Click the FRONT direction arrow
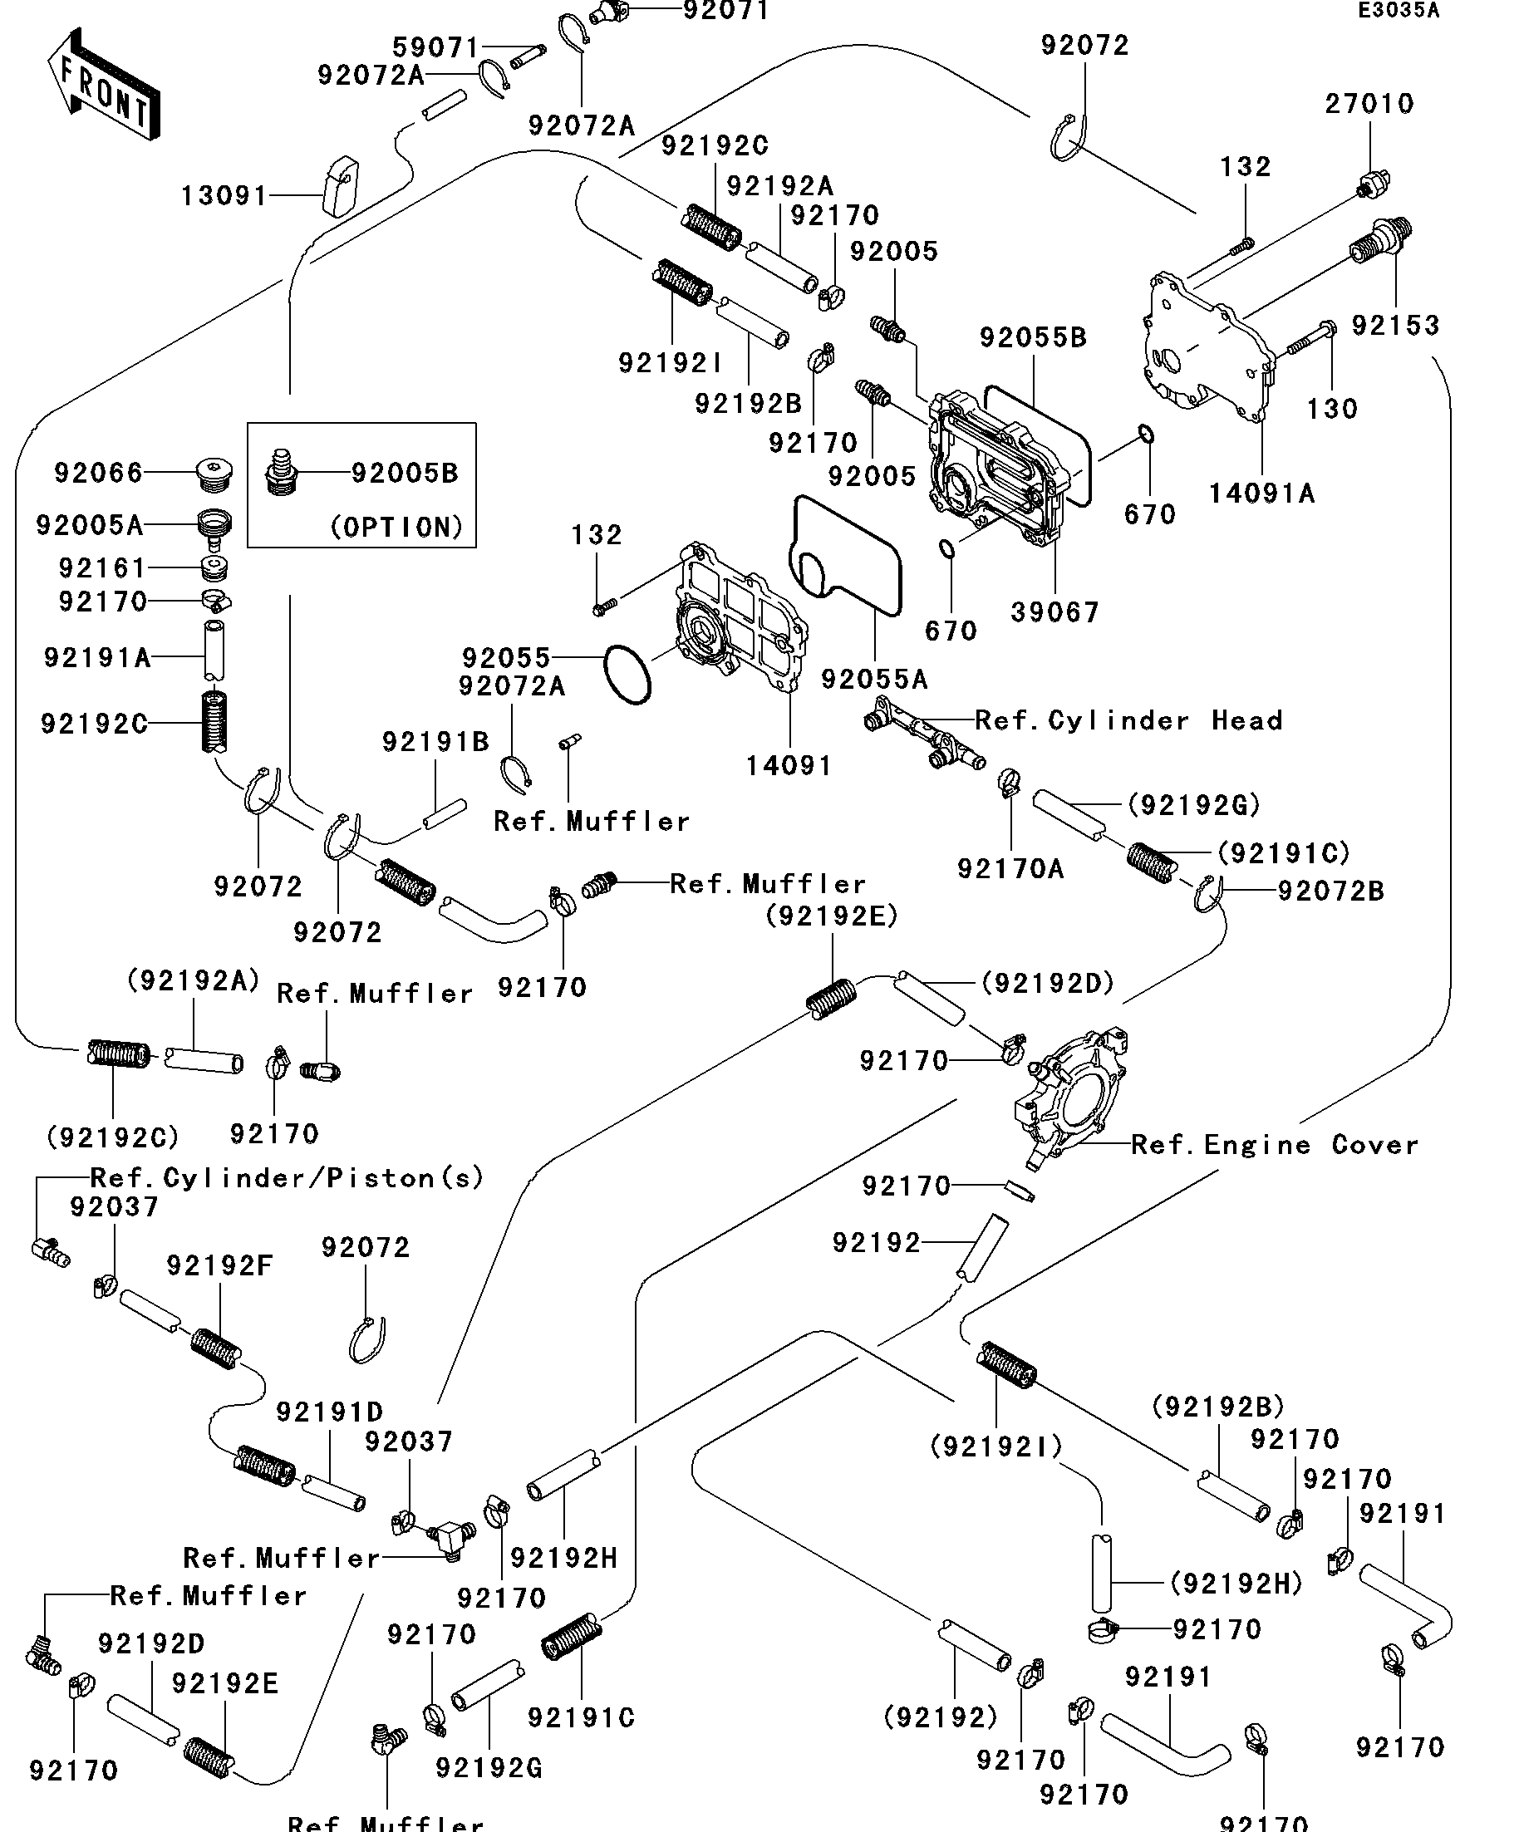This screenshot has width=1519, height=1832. pyautogui.click(x=103, y=85)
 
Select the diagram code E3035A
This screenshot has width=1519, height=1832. pyautogui.click(x=1399, y=12)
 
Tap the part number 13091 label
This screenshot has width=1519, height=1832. pyautogui.click(x=224, y=196)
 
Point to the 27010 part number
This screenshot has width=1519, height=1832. pyautogui.click(x=1369, y=105)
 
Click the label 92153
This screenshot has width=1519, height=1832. pyautogui.click(x=1395, y=327)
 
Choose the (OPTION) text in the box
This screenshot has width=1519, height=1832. pyautogui.click(x=397, y=527)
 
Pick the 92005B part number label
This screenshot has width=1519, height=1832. pyautogui.click(x=405, y=474)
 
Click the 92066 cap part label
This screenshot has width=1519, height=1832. pyautogui.click(x=98, y=474)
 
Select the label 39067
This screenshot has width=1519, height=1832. pyautogui.click(x=1054, y=612)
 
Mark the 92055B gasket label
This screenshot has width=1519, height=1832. pyautogui.click(x=1033, y=337)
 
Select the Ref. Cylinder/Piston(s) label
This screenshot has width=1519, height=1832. pyautogui.click(x=287, y=1179)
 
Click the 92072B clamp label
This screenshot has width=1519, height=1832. pyautogui.click(x=1330, y=891)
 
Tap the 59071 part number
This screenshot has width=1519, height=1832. pyautogui.click(x=435, y=47)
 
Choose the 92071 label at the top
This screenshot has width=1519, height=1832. pyautogui.click(x=725, y=12)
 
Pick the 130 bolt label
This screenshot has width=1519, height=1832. pyautogui.click(x=1331, y=409)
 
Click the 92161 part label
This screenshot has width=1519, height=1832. pyautogui.click(x=102, y=569)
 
